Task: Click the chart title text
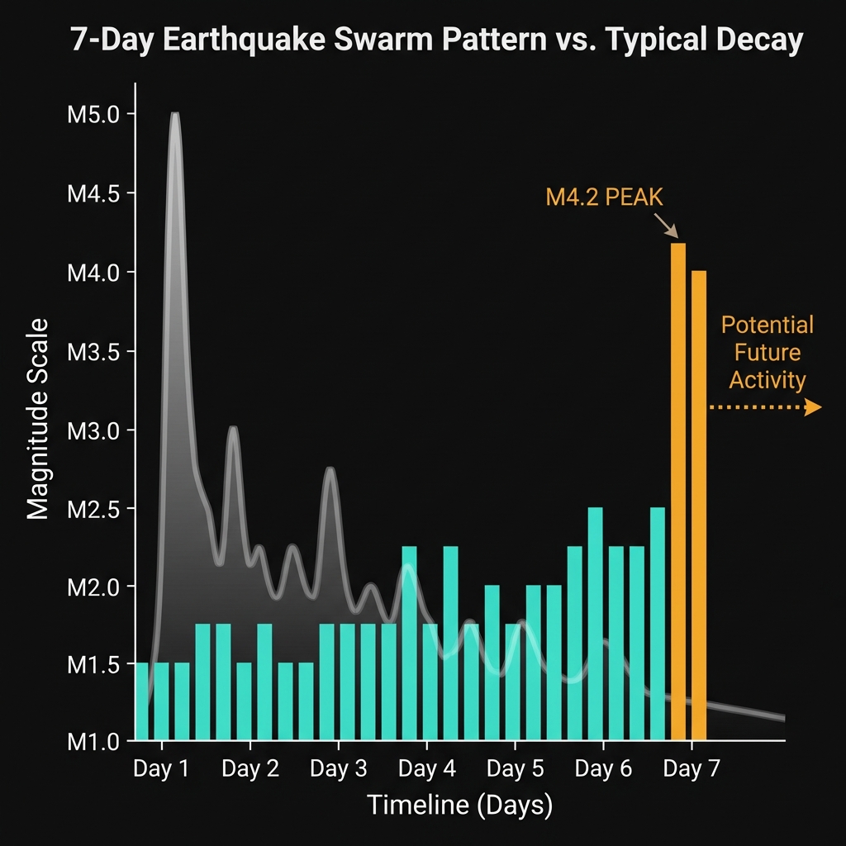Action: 436,40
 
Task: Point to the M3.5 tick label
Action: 92,351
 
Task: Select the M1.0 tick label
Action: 92,742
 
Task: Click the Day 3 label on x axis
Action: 338,770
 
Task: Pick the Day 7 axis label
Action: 692,770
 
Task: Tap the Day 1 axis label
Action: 161,770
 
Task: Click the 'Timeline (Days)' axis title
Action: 459,805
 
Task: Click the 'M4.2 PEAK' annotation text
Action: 605,197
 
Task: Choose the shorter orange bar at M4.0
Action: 699,504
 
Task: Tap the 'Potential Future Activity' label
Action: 767,352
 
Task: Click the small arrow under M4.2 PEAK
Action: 666,225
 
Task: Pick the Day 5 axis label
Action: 515,770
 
